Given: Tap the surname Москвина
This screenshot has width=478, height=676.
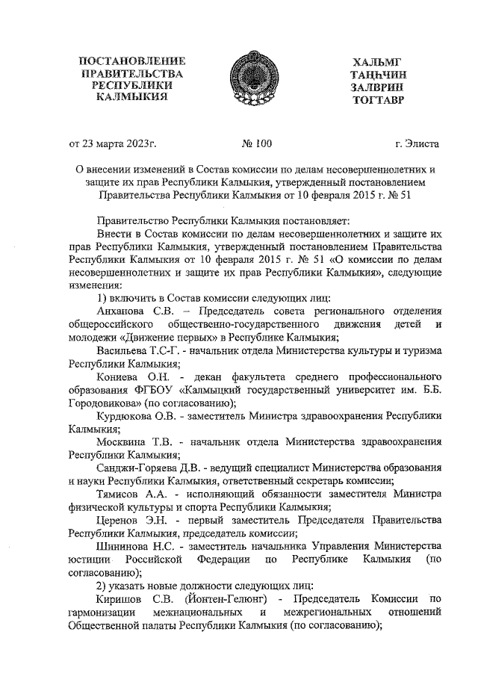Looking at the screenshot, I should click(122, 441).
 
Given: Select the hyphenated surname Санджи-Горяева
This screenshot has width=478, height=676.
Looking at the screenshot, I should click(139, 467).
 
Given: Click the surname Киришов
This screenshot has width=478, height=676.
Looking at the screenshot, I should click(121, 600).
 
